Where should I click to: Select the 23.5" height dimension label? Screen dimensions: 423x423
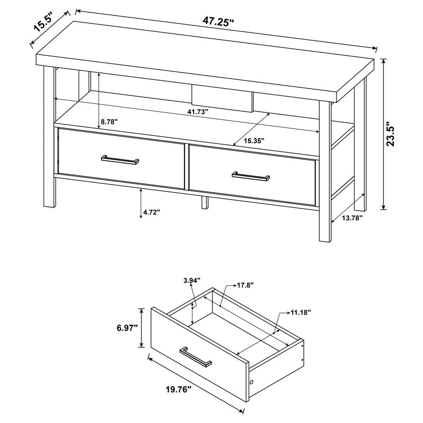tap(392, 135)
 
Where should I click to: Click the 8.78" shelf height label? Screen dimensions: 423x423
tap(109, 122)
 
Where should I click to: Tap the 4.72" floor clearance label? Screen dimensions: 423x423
tap(152, 212)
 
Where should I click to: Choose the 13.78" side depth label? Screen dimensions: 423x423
tap(352, 218)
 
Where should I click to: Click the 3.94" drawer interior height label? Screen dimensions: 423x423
tap(192, 280)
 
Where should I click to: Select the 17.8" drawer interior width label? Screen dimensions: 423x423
tap(245, 285)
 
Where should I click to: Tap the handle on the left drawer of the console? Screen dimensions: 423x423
tap(120, 160)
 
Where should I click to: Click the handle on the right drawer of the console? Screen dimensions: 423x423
tap(251, 176)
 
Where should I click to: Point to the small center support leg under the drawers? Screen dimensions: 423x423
tap(205, 203)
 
